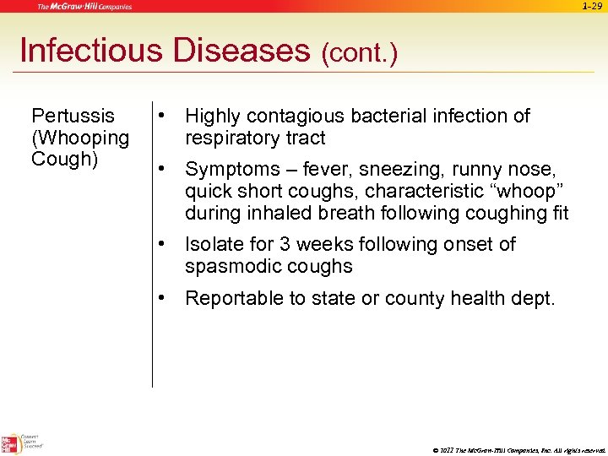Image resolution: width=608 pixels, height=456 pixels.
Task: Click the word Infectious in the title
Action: point(90,51)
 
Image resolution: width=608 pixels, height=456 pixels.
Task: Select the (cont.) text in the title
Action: point(359,54)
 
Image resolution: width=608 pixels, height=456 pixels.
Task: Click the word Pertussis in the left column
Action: point(73,116)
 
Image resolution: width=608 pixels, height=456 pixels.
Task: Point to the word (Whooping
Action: point(80,137)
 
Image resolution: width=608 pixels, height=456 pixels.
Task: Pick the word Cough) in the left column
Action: point(64,159)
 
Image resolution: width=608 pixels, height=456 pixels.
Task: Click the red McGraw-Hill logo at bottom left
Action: point(10,444)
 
